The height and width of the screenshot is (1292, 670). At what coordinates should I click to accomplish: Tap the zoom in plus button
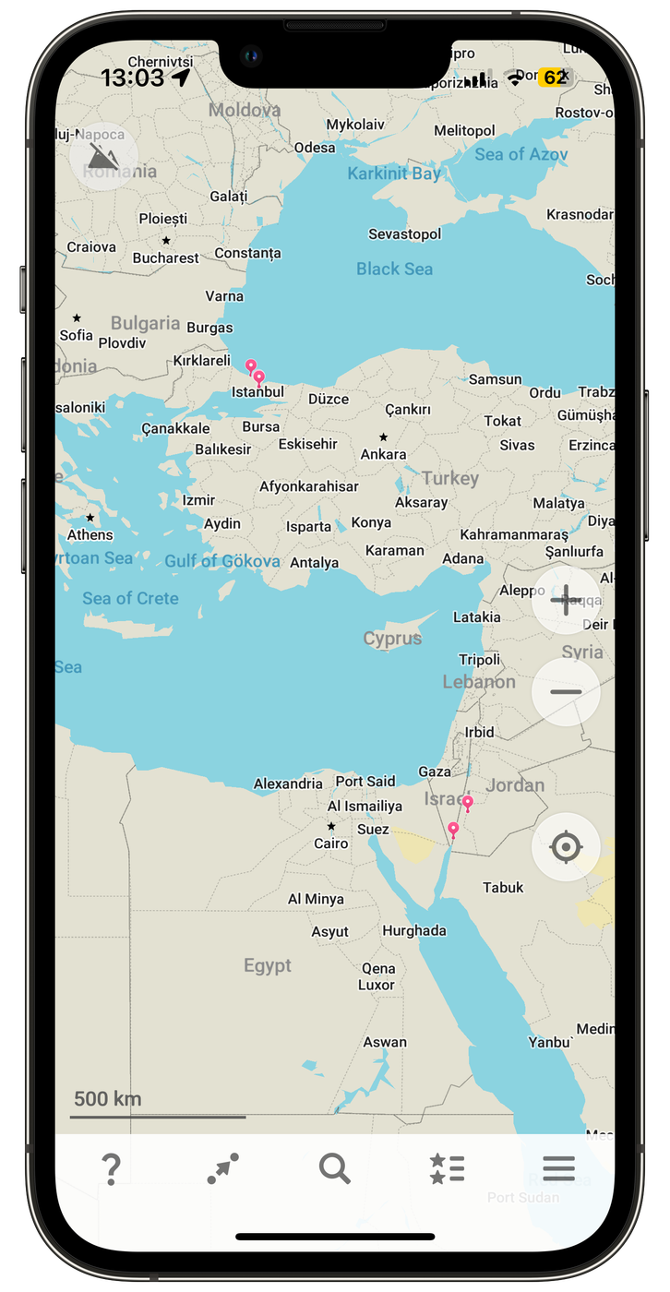(x=566, y=600)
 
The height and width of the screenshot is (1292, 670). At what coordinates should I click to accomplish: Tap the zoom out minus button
(x=566, y=691)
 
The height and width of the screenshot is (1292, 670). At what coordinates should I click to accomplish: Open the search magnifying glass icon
(x=334, y=1168)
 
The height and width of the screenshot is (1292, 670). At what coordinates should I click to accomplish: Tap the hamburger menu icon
(x=558, y=1168)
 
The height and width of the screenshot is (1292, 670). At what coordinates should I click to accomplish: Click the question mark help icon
(x=111, y=1169)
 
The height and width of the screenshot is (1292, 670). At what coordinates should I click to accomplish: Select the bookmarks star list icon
(x=447, y=1168)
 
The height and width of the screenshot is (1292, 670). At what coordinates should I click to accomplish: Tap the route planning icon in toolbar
(x=222, y=1168)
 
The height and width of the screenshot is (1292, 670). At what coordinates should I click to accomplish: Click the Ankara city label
(x=383, y=454)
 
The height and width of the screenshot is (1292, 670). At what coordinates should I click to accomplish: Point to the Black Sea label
(x=394, y=269)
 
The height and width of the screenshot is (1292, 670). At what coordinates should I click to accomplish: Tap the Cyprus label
(x=392, y=638)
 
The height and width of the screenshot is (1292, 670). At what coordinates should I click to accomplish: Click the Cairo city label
(x=331, y=843)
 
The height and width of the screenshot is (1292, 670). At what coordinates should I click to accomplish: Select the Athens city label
(x=90, y=534)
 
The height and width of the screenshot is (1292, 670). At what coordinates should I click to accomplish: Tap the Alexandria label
(x=288, y=784)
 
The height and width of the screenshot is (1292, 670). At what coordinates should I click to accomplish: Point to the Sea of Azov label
(x=520, y=154)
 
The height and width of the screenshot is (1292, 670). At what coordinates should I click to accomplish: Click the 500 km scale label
(x=107, y=1098)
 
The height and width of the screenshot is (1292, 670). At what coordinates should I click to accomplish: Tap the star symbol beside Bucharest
(x=166, y=241)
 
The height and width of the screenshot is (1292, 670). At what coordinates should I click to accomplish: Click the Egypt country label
(x=268, y=965)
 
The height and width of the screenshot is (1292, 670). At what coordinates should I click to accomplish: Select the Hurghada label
(x=414, y=930)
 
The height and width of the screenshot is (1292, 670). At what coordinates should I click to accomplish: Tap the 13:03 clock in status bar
(x=132, y=78)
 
